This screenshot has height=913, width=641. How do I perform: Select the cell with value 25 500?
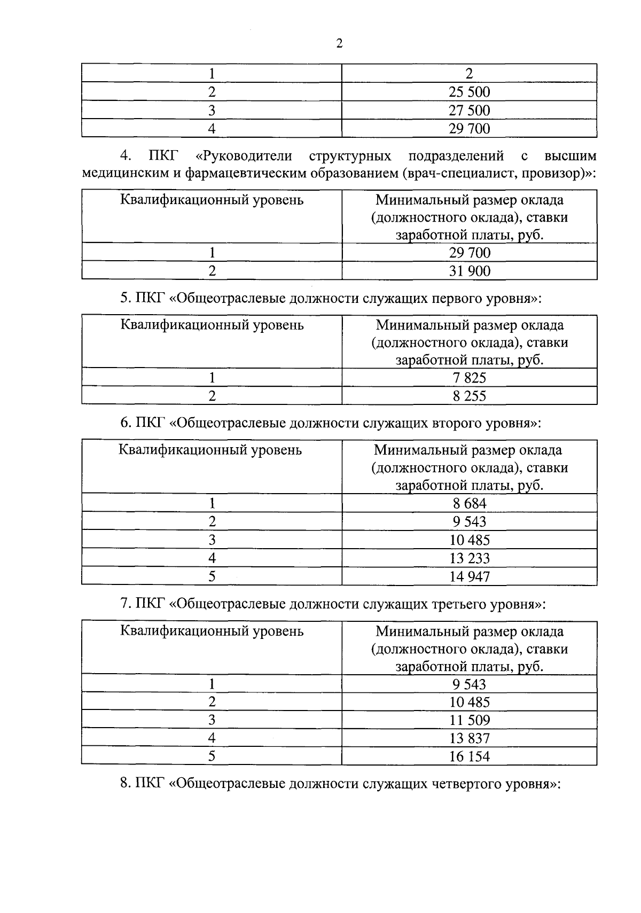click(469, 92)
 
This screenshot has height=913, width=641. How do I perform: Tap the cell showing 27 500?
click(469, 111)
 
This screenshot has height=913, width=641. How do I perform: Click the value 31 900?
click(469, 271)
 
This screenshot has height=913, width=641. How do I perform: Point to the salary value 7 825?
click(469, 378)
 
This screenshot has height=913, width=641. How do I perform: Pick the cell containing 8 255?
click(469, 396)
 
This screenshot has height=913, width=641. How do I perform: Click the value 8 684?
click(469, 503)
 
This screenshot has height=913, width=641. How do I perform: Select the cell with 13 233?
click(469, 558)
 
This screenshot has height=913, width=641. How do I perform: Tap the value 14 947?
click(469, 576)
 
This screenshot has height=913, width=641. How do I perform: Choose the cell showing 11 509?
click(469, 720)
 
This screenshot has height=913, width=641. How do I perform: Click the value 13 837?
click(469, 738)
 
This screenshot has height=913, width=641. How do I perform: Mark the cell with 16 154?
click(469, 756)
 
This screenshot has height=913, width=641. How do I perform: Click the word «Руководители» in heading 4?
click(244, 156)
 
